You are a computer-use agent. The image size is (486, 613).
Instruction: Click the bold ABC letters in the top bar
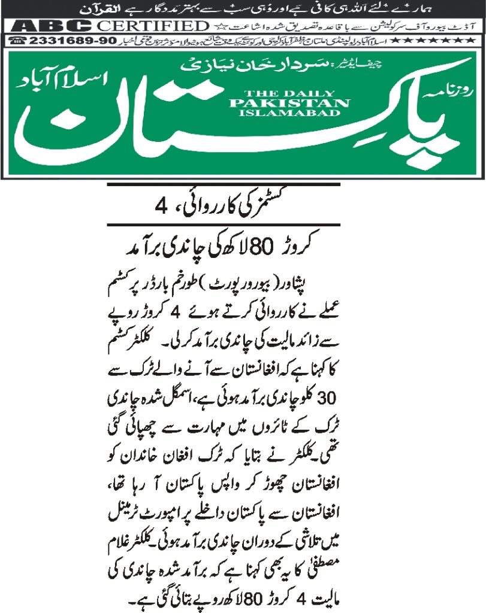pyautogui.click(x=53, y=26)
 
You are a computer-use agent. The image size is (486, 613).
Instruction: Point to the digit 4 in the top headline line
pyautogui.click(x=159, y=207)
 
